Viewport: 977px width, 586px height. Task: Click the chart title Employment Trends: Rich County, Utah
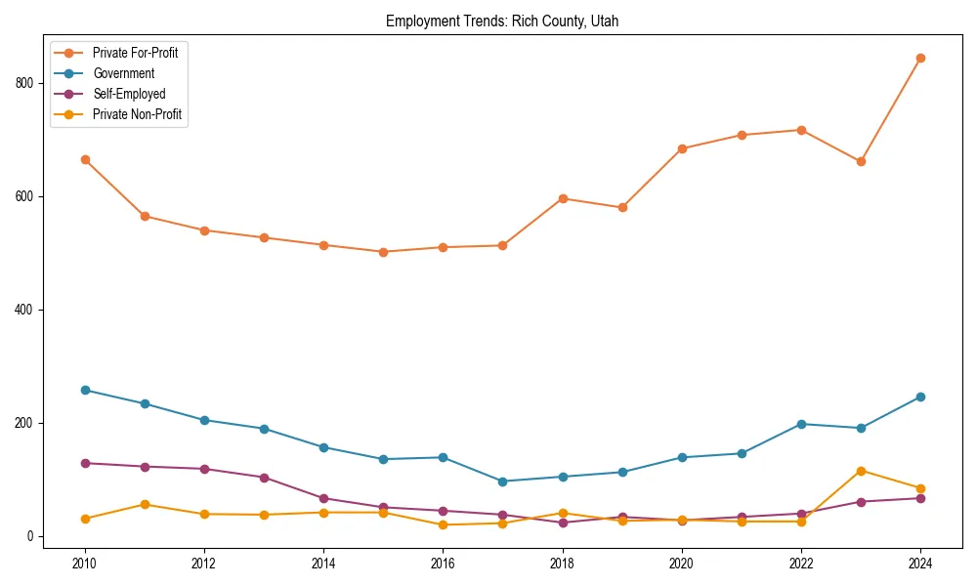tap(502, 21)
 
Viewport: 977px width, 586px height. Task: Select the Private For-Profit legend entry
tap(135, 53)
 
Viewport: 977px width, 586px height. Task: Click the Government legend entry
tap(123, 73)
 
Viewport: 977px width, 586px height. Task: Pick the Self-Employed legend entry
tap(129, 94)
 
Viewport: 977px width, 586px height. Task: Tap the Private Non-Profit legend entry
tap(137, 114)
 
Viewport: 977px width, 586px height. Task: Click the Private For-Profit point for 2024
tap(920, 58)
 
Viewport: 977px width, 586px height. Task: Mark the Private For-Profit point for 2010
tap(85, 159)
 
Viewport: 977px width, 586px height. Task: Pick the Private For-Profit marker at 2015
tap(383, 252)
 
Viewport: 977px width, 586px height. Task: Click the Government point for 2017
tap(502, 481)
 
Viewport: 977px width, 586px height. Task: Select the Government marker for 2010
tap(85, 390)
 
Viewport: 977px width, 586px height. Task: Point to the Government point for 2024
tap(920, 397)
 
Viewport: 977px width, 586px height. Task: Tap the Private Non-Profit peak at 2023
tap(861, 471)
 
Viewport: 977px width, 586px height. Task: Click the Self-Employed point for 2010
tap(85, 463)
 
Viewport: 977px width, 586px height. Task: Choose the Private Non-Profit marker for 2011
tap(145, 504)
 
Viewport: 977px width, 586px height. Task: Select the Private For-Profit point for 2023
tap(861, 161)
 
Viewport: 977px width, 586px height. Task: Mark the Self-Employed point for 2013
tap(264, 478)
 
